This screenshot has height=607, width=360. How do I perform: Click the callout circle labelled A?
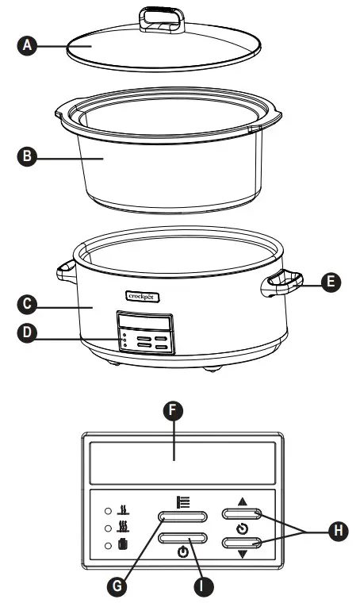(27, 45)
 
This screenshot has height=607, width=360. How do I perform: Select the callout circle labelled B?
(27, 157)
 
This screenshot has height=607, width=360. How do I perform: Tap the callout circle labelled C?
(27, 304)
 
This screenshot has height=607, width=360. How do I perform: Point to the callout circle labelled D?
(27, 333)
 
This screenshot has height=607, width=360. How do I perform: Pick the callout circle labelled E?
(333, 280)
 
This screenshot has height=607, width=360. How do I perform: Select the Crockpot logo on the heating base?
(143, 296)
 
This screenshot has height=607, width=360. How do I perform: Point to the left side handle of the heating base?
(66, 274)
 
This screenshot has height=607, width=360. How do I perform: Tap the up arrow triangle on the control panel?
(243, 502)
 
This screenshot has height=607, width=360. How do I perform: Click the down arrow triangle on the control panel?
(243, 554)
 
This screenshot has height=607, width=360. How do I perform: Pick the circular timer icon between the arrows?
(243, 529)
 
